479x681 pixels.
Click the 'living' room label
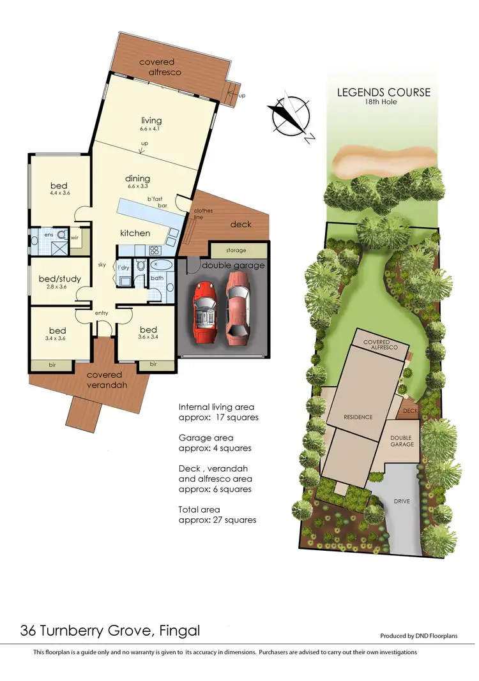click(151, 121)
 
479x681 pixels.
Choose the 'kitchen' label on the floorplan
click(135, 233)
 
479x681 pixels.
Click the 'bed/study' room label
click(60, 279)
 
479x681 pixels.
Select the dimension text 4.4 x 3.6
click(59, 193)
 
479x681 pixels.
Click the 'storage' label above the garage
click(236, 250)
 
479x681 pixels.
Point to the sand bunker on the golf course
click(385, 162)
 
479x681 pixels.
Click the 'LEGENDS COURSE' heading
click(384, 93)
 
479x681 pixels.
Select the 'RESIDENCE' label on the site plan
click(358, 417)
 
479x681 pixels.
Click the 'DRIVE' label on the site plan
click(402, 501)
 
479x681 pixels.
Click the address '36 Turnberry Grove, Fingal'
click(110, 631)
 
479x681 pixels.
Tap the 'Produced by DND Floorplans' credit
click(427, 636)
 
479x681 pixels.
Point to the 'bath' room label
click(157, 278)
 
